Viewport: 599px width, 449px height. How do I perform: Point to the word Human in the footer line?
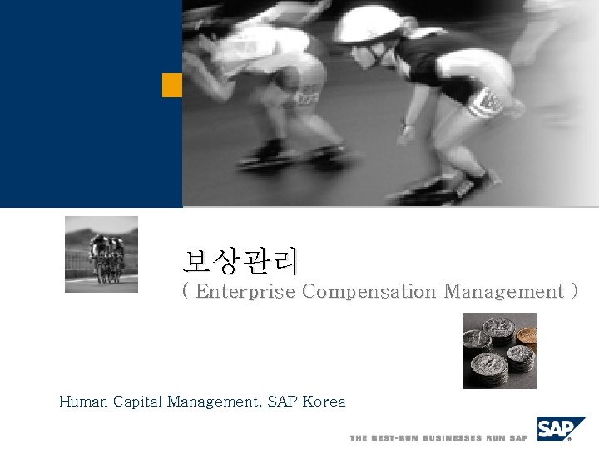coord(82,402)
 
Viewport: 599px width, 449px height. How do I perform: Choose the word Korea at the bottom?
coord(324,402)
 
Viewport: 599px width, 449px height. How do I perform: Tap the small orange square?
coord(172,85)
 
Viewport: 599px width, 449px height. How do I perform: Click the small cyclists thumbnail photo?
coord(101,254)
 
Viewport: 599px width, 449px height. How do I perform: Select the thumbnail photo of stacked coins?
coord(499,350)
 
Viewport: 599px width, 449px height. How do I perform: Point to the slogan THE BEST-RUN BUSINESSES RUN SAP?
coord(438,437)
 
